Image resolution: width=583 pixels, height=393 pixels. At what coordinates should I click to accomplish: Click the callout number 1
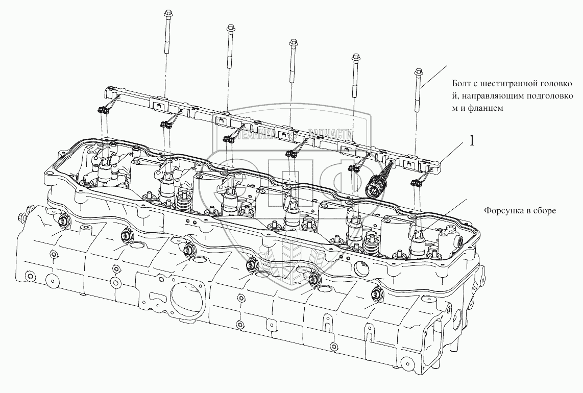[472, 141]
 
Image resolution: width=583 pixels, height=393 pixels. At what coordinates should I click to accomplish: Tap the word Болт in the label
[461, 84]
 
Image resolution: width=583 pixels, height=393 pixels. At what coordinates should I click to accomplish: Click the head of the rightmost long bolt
[418, 71]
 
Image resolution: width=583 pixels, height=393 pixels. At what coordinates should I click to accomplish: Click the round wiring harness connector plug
[375, 187]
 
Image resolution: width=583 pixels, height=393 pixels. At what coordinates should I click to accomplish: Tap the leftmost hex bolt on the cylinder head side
[65, 221]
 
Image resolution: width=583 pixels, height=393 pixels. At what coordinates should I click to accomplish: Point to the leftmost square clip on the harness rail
[158, 106]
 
